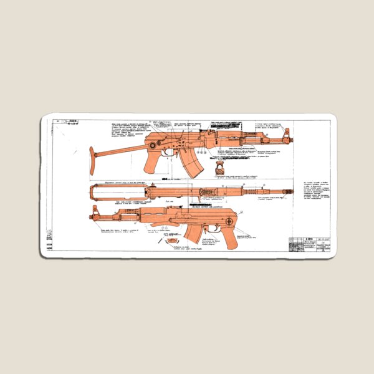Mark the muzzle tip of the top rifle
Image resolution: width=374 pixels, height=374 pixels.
click(294, 140)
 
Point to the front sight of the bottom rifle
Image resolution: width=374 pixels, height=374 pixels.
click(97, 214)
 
